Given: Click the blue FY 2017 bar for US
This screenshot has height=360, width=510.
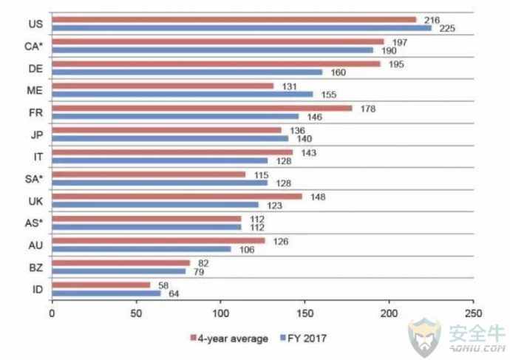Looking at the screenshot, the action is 242,28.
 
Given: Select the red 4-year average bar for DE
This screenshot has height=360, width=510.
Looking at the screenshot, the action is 216,64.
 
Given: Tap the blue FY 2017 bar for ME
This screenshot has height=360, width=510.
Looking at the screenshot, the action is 183,95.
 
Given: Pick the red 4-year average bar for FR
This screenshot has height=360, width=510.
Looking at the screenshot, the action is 202,108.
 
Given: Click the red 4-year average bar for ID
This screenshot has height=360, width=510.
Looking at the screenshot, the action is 101,285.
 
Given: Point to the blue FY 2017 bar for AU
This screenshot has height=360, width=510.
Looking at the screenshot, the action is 141,249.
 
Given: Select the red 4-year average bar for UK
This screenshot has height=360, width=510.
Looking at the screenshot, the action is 177,197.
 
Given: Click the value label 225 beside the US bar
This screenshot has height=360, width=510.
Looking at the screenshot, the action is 447,29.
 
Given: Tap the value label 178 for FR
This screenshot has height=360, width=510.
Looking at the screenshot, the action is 368,109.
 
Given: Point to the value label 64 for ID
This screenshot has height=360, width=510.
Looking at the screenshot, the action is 174,294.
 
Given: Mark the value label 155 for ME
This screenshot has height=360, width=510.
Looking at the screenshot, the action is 329,95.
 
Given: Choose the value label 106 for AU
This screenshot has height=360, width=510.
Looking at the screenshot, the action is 247,250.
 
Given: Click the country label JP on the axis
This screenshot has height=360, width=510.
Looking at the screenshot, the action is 37,135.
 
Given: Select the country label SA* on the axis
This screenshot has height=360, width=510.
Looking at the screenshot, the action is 34,179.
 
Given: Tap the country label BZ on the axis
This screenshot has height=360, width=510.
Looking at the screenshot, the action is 35,268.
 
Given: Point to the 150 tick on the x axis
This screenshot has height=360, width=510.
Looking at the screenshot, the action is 305,313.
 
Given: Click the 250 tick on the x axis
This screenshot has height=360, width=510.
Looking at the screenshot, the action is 473,313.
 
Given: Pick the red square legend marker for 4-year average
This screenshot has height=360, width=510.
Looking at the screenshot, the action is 193,338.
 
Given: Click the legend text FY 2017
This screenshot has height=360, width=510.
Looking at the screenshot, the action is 307,339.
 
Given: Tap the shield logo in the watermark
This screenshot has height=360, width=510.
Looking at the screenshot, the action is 424,337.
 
